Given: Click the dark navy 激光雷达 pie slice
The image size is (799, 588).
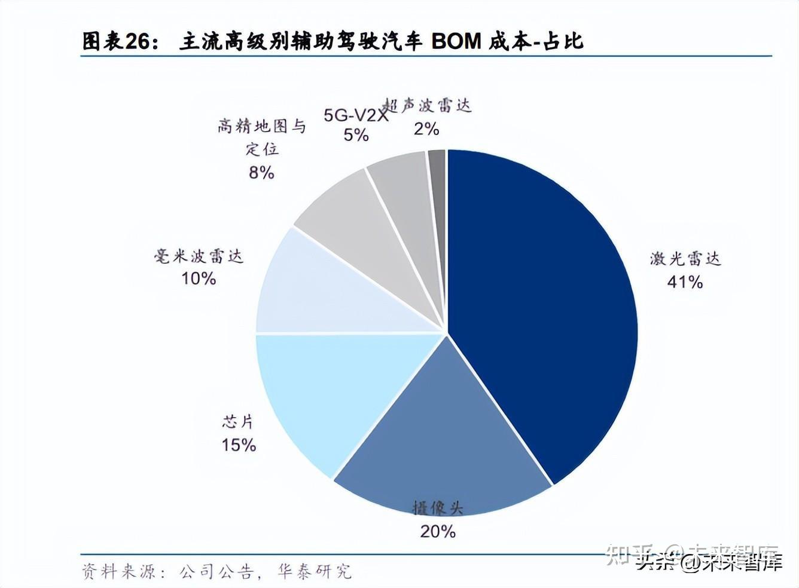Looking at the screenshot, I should [x=544, y=311].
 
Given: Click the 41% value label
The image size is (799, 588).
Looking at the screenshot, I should [x=685, y=281].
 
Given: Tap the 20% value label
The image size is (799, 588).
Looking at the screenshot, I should [x=438, y=531].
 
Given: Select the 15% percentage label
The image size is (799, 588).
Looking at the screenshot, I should [x=239, y=445].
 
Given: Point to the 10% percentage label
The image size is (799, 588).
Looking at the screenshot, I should [x=199, y=278].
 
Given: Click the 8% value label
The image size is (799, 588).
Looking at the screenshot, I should [x=261, y=173].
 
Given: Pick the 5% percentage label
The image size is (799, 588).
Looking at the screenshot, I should [x=355, y=135].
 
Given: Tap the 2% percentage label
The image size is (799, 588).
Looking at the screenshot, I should [x=426, y=129].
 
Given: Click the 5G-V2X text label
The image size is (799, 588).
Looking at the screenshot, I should [x=355, y=115].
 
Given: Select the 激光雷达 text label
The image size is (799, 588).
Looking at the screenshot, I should [x=685, y=259].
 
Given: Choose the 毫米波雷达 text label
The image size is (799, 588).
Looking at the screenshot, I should [x=199, y=256].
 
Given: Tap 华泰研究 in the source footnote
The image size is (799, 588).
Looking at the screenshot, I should [x=315, y=571].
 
